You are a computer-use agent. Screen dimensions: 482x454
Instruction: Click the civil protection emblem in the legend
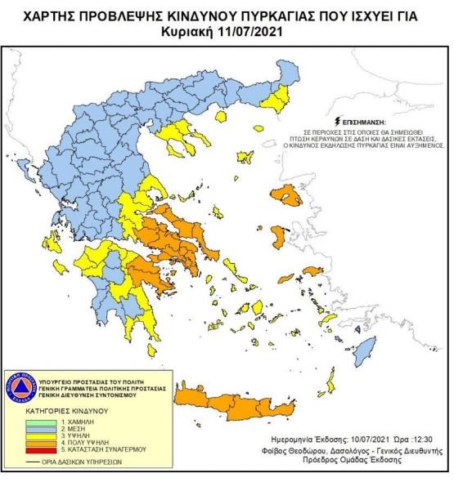pyautogui.click(x=25, y=387)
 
